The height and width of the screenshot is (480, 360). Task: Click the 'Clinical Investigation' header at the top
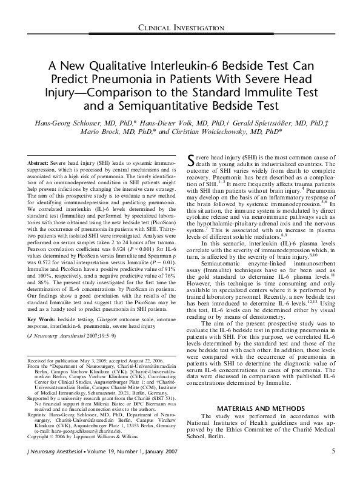(179, 28)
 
